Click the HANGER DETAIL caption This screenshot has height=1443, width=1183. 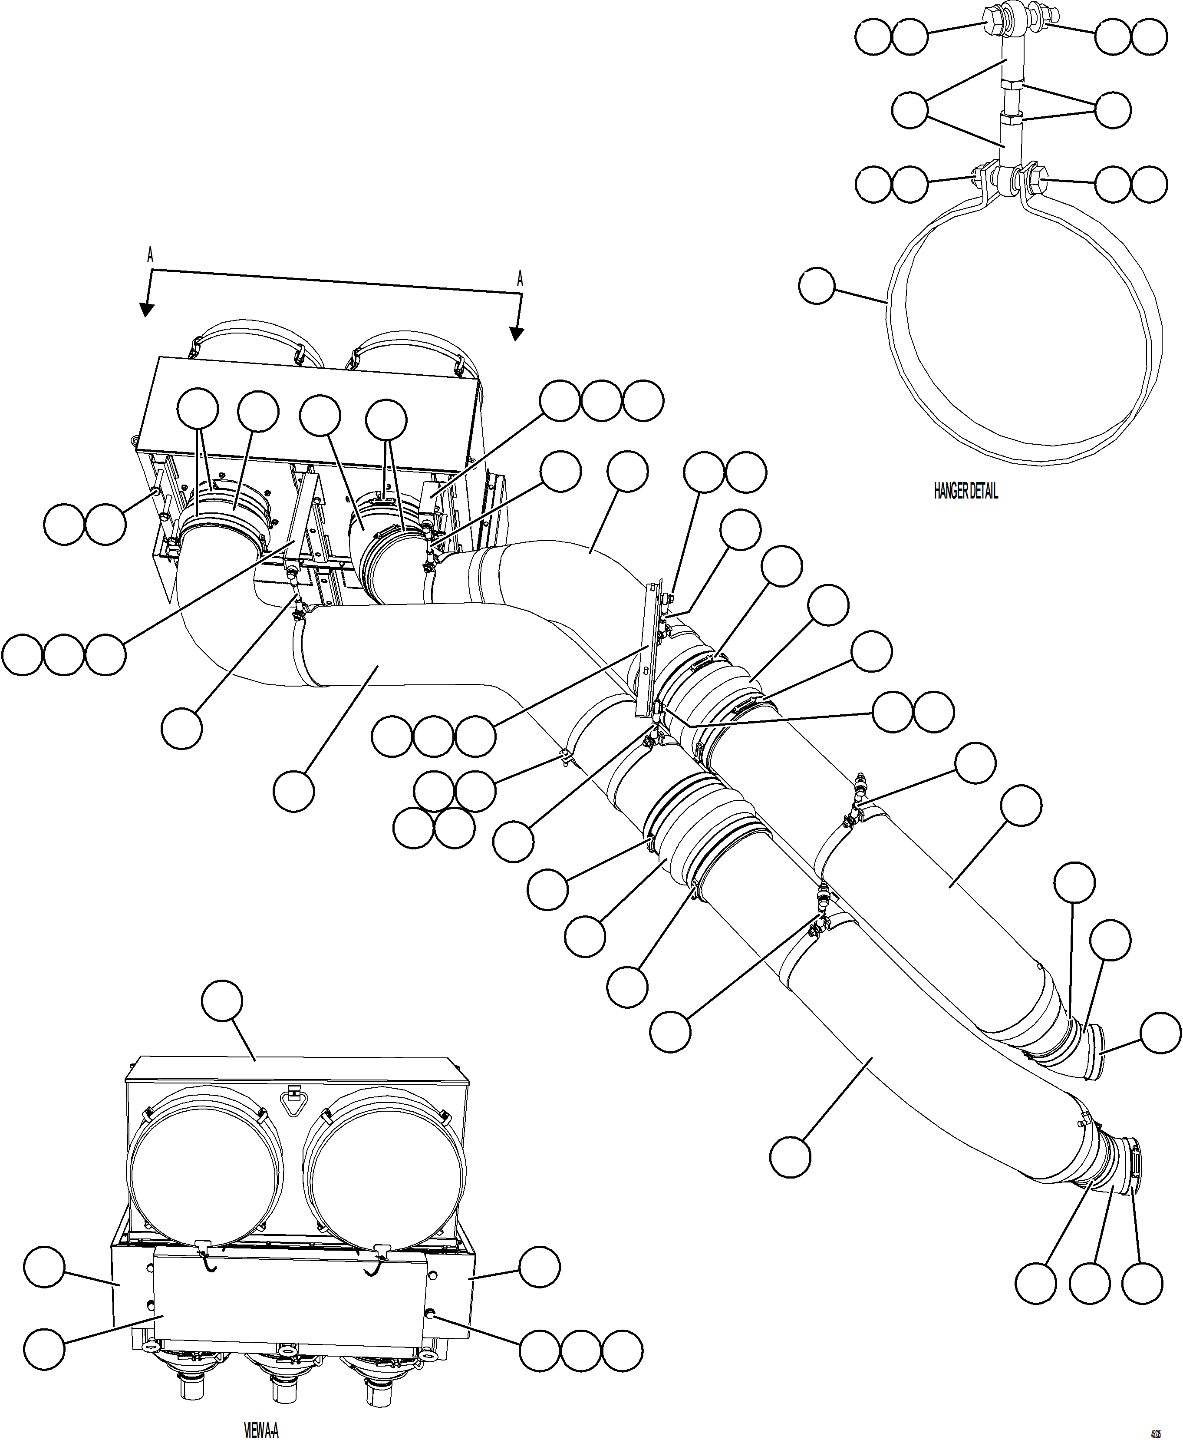click(965, 492)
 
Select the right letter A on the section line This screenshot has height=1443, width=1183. click(520, 279)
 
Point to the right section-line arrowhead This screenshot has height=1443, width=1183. click(517, 334)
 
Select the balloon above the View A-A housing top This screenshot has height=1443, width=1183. click(222, 1000)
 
